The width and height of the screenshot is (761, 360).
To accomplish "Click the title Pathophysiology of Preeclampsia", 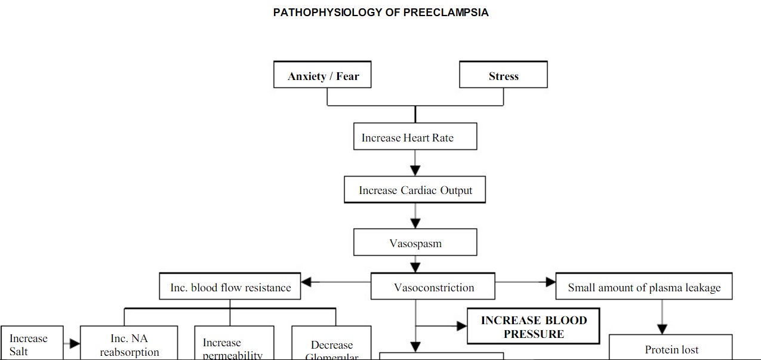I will pyautogui.click(x=381, y=13).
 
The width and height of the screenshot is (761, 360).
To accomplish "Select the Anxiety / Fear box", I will pyautogui.click(x=322, y=75).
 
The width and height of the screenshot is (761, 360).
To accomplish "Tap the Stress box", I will pyautogui.click(x=503, y=75).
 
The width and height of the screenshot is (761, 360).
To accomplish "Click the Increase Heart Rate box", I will pyautogui.click(x=415, y=137).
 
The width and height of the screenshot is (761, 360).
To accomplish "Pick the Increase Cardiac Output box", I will pyautogui.click(x=415, y=190).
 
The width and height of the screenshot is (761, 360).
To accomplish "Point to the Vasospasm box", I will pyautogui.click(x=415, y=243).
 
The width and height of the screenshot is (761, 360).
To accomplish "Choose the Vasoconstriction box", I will pyautogui.click(x=433, y=287).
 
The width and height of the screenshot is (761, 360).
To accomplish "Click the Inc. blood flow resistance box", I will pyautogui.click(x=230, y=287).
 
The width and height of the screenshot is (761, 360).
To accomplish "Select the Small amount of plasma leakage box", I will pyautogui.click(x=644, y=287).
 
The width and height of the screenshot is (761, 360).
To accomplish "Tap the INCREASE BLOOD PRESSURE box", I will pyautogui.click(x=534, y=327).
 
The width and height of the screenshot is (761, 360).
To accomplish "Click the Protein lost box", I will pyautogui.click(x=671, y=349).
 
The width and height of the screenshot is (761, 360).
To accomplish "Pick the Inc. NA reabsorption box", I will pyautogui.click(x=129, y=344).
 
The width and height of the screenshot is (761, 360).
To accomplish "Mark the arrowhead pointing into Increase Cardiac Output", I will pyautogui.click(x=415, y=171).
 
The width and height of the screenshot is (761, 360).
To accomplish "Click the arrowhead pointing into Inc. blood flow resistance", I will pyautogui.click(x=307, y=281).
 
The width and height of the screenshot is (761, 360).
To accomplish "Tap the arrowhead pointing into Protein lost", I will pyautogui.click(x=661, y=329).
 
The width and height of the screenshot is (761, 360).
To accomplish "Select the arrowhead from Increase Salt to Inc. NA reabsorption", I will pyautogui.click(x=75, y=343).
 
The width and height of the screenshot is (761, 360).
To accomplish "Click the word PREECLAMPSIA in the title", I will pyautogui.click(x=446, y=13).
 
